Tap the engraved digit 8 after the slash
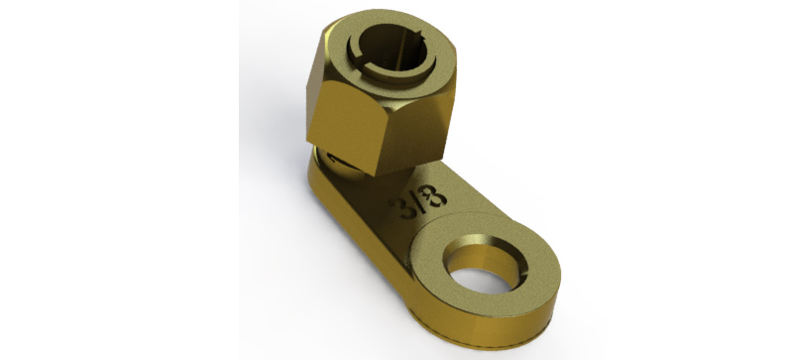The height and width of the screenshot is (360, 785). click(x=434, y=195)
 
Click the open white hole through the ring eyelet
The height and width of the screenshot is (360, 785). click(x=481, y=281)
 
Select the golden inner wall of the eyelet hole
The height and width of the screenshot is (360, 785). click(x=482, y=256)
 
